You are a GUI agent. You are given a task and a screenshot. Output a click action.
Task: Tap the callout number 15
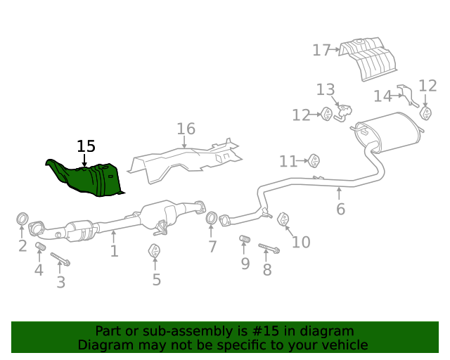pyautogui.click(x=86, y=146)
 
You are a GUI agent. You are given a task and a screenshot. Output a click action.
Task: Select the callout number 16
pyautogui.click(x=186, y=129)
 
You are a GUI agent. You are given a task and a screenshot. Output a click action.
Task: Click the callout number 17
pyautogui.click(x=321, y=50)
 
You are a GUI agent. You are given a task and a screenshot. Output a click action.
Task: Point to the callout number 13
pyautogui.click(x=326, y=89)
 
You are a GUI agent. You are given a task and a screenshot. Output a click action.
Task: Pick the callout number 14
pyautogui.click(x=382, y=96)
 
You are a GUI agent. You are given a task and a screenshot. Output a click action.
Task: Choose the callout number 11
pyautogui.click(x=288, y=162)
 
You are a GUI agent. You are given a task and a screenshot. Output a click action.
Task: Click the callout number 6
pyautogui.click(x=340, y=209)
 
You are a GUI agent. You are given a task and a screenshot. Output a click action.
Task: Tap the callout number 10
pyautogui.click(x=301, y=242)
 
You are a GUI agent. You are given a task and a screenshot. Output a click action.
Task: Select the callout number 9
pyautogui.click(x=245, y=264)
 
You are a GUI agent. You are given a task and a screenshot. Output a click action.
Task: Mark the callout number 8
pyautogui.click(x=267, y=270)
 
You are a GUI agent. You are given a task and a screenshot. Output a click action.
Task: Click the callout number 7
pyautogui.click(x=212, y=247)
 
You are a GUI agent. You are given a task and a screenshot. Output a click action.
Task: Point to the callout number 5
pyautogui.click(x=156, y=280)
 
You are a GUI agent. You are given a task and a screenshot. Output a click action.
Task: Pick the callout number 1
pyautogui.click(x=114, y=251)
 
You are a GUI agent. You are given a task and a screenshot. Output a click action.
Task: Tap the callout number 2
pyautogui.click(x=22, y=246)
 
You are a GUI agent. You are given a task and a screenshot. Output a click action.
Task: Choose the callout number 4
pyautogui.click(x=39, y=270)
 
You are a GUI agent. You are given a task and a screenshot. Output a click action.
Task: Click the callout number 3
pyautogui.click(x=61, y=283)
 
